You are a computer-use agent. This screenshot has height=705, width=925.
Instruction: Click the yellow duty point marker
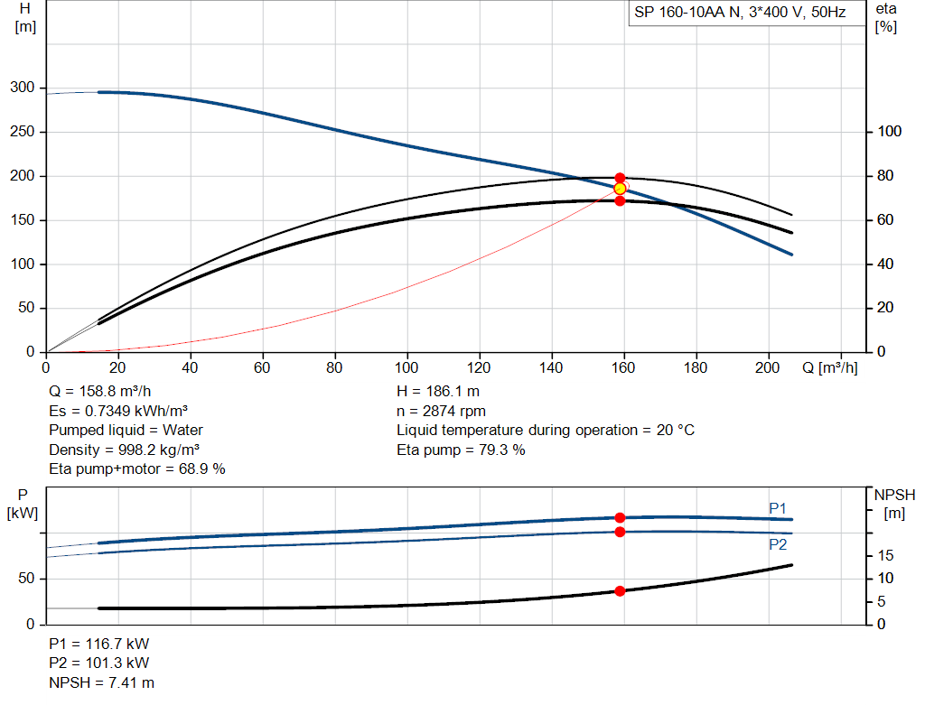620,189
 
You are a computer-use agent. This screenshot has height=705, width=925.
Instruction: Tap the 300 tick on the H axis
23,88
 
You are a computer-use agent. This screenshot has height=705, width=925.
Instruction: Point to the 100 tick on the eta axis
890,132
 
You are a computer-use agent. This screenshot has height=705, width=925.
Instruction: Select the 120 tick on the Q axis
479,367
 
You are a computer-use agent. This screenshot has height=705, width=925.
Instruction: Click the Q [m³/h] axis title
830,367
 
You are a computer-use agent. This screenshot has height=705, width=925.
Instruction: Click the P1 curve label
778,508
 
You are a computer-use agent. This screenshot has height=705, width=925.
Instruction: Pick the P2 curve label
778,544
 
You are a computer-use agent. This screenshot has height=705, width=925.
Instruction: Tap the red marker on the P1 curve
620,517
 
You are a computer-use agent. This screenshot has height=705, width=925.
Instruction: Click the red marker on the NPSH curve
620,591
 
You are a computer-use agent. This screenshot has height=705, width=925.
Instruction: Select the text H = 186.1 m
438,392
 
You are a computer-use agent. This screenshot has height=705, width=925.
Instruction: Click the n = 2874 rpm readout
441,411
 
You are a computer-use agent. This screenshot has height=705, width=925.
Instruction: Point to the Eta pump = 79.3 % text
461,450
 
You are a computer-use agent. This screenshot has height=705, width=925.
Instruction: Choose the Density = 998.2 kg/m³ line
124,450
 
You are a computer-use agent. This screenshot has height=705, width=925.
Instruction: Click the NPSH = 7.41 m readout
101,682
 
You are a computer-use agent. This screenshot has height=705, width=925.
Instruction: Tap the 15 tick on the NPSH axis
885,555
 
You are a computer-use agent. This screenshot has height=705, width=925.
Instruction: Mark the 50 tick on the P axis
26,579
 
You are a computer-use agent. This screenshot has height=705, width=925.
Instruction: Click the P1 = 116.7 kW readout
99,644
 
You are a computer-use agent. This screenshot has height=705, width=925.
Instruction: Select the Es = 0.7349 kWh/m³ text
118,411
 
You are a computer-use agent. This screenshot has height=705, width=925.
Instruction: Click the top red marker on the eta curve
620,178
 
